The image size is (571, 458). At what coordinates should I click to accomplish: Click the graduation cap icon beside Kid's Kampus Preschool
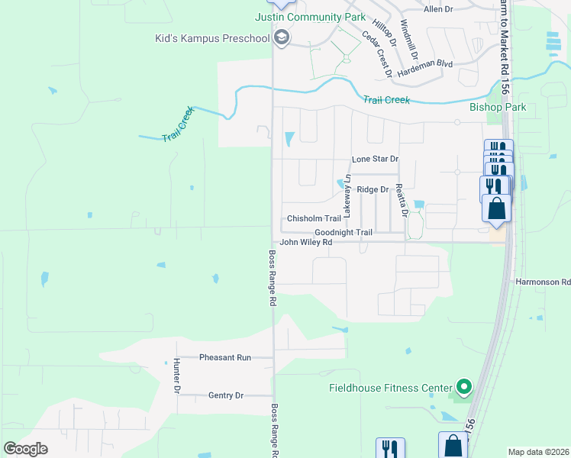(x=282, y=37)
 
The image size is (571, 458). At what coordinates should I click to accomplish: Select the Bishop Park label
(x=498, y=108)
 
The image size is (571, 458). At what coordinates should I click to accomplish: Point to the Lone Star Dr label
(x=375, y=160)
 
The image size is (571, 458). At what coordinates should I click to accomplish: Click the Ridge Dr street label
(x=373, y=189)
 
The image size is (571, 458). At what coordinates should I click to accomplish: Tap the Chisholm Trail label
(x=313, y=218)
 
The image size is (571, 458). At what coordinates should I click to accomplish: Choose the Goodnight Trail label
(x=343, y=233)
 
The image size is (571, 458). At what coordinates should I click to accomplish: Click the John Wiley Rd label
(x=305, y=243)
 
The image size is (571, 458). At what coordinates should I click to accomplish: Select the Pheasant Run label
(x=224, y=357)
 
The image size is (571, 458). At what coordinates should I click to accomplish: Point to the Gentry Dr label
(x=225, y=395)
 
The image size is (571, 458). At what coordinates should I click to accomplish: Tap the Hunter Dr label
(x=176, y=376)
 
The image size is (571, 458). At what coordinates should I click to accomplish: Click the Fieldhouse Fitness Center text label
(x=390, y=388)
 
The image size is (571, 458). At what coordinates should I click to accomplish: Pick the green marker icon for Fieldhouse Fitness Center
(x=462, y=387)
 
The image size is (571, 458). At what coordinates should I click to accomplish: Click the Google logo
(x=25, y=449)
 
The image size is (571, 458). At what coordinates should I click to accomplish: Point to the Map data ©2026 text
(x=538, y=452)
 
